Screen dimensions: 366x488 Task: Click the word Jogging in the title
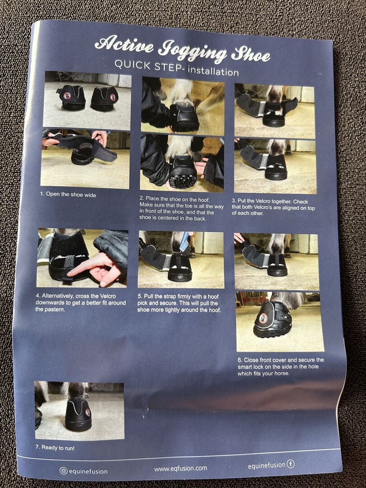click(192, 52)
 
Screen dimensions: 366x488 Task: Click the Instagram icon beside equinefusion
click(64, 470)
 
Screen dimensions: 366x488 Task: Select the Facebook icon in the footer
click(291, 464)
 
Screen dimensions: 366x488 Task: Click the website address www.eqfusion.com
click(180, 468)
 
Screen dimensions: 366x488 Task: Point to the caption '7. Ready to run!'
click(55, 447)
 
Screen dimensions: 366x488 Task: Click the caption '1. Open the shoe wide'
click(68, 194)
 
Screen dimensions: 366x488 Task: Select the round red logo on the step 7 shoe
click(88, 413)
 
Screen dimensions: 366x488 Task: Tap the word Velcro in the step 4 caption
click(108, 296)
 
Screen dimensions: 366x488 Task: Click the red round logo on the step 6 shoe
click(263, 318)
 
